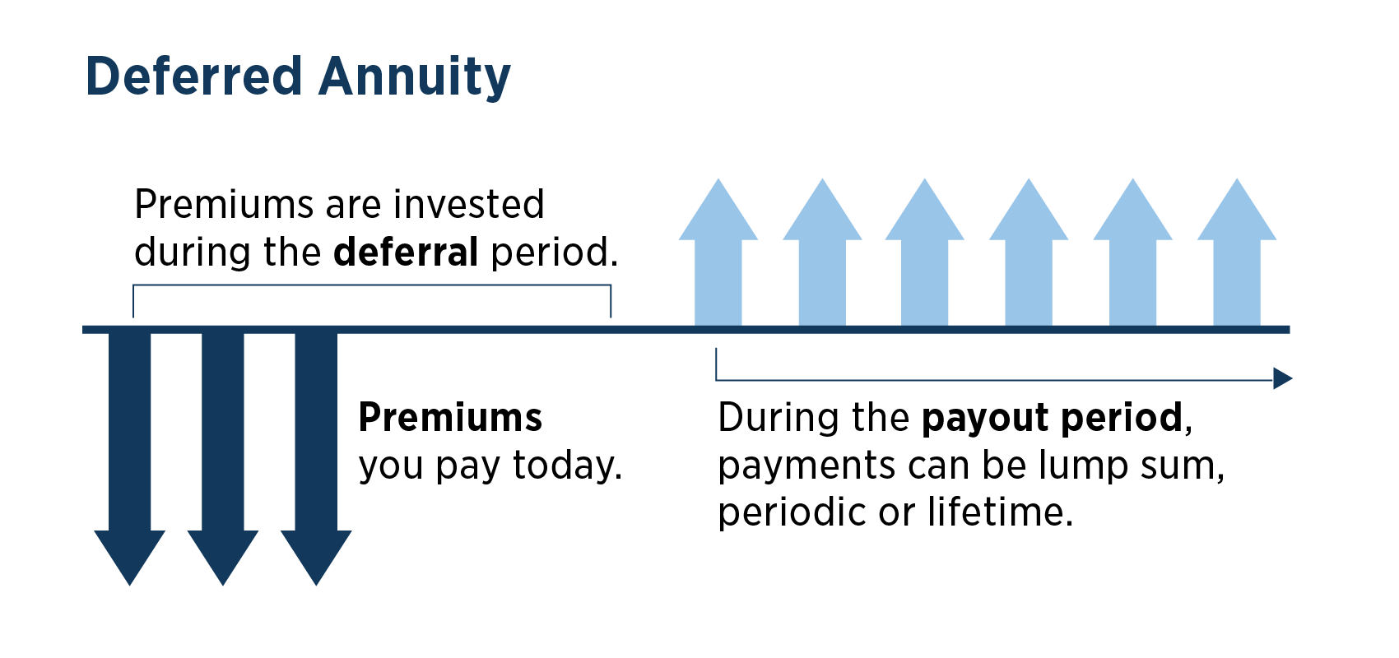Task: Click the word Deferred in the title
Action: tap(194, 76)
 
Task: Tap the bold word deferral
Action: tap(406, 253)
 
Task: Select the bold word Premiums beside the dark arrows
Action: tap(450, 418)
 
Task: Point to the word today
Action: tap(567, 466)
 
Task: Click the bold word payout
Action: tap(985, 419)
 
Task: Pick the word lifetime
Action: tap(1000, 512)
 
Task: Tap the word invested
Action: tap(469, 205)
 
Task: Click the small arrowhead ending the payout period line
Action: tap(1282, 379)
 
